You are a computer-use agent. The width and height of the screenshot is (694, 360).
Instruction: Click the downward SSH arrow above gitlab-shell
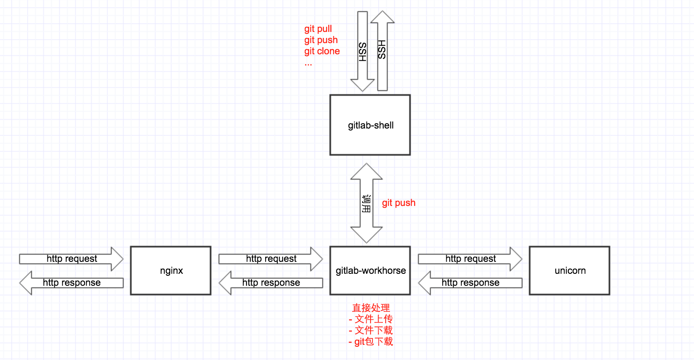pos(363,51)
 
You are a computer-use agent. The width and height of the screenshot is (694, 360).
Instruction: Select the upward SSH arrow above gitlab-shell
pos(382,51)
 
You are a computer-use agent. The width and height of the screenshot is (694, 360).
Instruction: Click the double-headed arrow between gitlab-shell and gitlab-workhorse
pos(367,203)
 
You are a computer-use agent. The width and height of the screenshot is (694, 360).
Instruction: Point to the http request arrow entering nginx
pos(71,259)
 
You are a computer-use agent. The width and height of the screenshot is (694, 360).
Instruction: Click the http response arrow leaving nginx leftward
pos(71,283)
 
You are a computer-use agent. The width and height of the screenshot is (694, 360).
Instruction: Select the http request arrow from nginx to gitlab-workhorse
pos(271,259)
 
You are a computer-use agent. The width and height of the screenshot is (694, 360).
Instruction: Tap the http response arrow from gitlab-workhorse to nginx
pos(271,283)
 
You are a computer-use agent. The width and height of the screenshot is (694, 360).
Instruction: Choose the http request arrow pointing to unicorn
pos(470,259)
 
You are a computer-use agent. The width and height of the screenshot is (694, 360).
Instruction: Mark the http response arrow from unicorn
pos(470,283)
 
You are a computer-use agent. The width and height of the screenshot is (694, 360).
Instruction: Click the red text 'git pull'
pos(318,29)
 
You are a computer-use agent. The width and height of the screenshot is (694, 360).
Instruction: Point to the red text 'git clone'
pos(322,51)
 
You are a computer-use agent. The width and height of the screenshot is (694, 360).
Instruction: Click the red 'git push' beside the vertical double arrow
pos(398,203)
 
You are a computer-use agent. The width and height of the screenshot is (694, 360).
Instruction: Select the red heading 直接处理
pos(371,308)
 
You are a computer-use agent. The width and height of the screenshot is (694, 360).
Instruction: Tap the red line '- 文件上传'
pos(371,319)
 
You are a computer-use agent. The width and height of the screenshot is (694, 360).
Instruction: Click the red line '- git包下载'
pos(371,341)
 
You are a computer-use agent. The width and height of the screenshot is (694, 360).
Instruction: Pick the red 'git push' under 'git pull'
pos(321,40)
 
